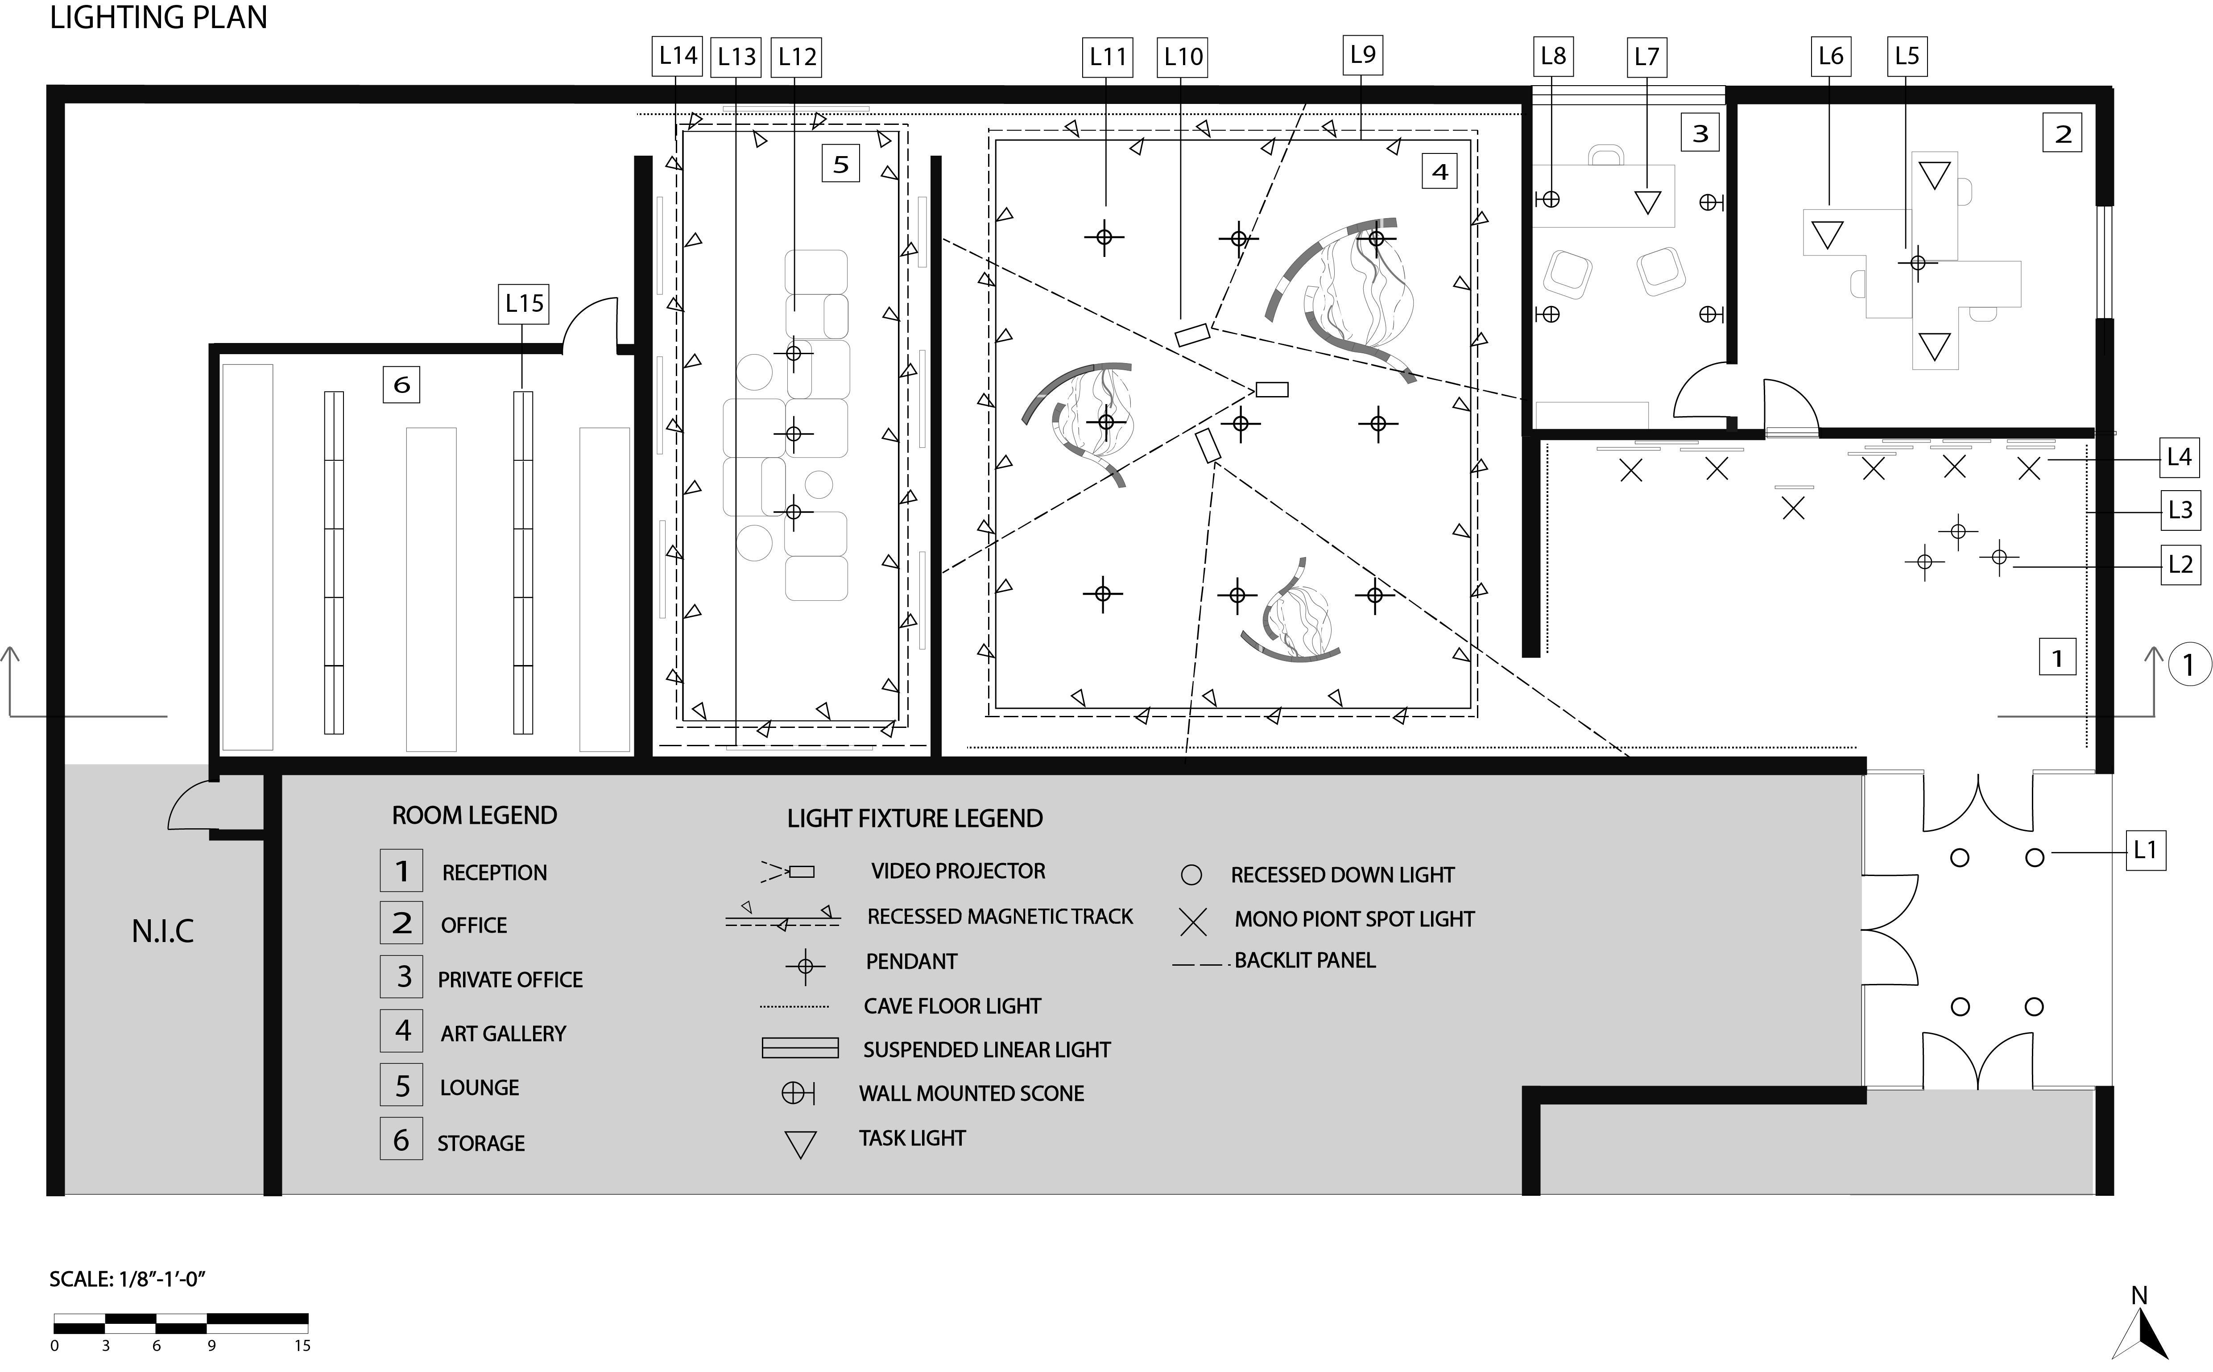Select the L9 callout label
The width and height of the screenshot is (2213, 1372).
pos(1363,55)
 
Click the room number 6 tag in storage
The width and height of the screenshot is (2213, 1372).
pos(401,385)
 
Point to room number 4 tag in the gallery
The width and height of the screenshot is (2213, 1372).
pos(1439,171)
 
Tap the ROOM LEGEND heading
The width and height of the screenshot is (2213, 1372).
pos(475,815)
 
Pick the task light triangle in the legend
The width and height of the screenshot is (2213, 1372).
pos(800,1144)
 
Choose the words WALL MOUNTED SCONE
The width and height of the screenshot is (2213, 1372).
pos(972,1093)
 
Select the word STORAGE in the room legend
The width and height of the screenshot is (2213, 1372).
pos(481,1143)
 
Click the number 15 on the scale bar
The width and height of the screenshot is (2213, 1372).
pos(302,1346)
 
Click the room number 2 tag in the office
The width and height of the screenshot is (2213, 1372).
pos(2062,134)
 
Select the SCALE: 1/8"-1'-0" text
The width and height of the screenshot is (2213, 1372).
pos(128,1279)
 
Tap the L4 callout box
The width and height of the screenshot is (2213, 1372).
pos(2180,457)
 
